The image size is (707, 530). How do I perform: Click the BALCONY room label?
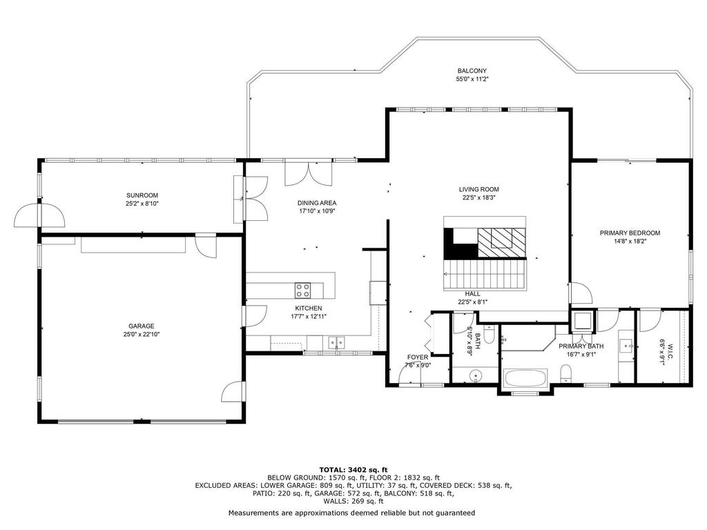[472, 71]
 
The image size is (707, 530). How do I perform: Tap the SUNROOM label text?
[142, 195]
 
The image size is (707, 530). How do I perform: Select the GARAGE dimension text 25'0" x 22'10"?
[142, 334]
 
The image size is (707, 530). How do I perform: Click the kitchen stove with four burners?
[302, 291]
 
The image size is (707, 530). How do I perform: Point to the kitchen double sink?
[336, 343]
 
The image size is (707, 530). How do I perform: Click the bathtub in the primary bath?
[525, 378]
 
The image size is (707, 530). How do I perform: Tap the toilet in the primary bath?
[566, 375]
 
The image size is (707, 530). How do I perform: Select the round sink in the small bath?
[476, 375]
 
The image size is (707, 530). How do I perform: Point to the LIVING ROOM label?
[479, 189]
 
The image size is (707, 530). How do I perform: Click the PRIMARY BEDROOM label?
[630, 233]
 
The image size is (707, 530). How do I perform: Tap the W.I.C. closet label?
[670, 352]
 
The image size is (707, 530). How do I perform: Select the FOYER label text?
[418, 357]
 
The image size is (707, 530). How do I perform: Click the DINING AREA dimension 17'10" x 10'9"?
[317, 211]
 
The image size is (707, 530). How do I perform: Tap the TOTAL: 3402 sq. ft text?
[353, 469]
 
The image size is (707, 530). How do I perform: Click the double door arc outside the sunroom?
[39, 215]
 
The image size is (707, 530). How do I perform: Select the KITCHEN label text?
[309, 308]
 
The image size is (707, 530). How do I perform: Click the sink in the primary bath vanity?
[626, 346]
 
